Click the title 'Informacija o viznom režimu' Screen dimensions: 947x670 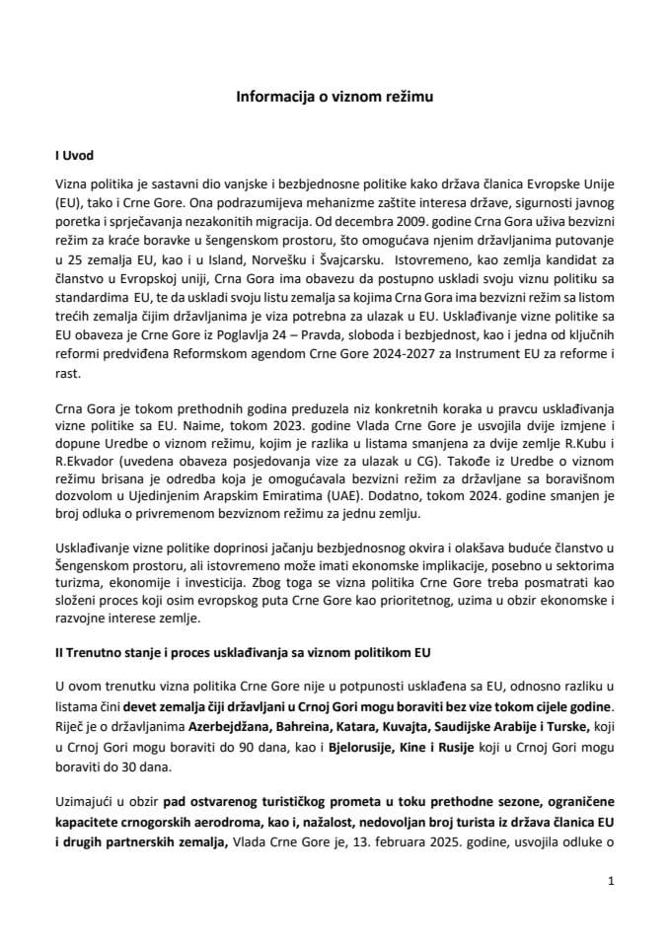pyautogui.click(x=335, y=98)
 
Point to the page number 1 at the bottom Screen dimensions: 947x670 pyautogui.click(x=612, y=888)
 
